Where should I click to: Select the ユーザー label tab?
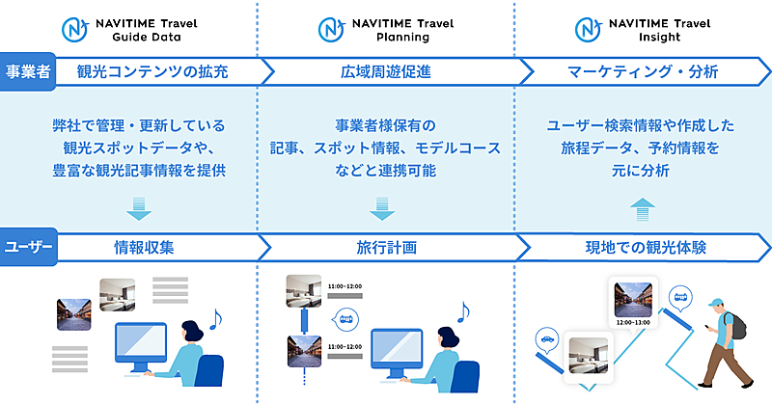tap(27, 247)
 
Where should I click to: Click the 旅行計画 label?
tap(385, 247)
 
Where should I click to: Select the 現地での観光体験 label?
tap(646, 247)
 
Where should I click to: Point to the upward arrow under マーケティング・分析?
tap(639, 208)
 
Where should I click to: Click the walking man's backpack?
tap(736, 324)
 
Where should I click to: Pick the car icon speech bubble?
tap(545, 339)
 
